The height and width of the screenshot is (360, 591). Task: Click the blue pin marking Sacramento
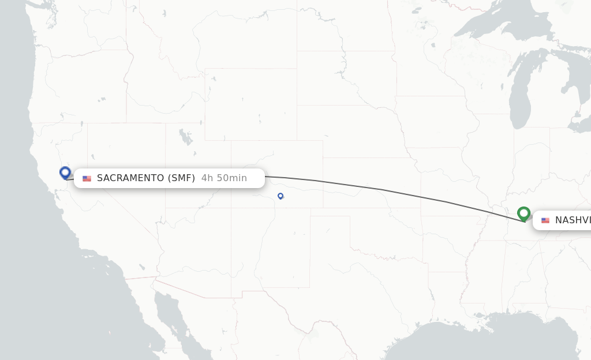65,172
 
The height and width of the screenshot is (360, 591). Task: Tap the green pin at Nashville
523,213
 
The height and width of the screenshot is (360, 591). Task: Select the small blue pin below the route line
280,196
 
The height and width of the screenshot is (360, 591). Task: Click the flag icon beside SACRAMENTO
87,179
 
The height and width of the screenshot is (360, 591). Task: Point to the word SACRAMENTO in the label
130,178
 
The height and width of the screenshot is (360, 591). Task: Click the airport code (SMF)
181,178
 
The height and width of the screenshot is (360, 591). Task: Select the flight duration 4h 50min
224,178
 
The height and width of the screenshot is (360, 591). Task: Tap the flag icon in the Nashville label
545,220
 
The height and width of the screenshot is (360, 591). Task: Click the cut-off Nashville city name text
573,220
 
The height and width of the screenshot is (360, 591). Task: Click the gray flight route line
381,189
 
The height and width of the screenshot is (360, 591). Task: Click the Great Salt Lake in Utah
186,138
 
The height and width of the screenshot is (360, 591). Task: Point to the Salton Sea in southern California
142,267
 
